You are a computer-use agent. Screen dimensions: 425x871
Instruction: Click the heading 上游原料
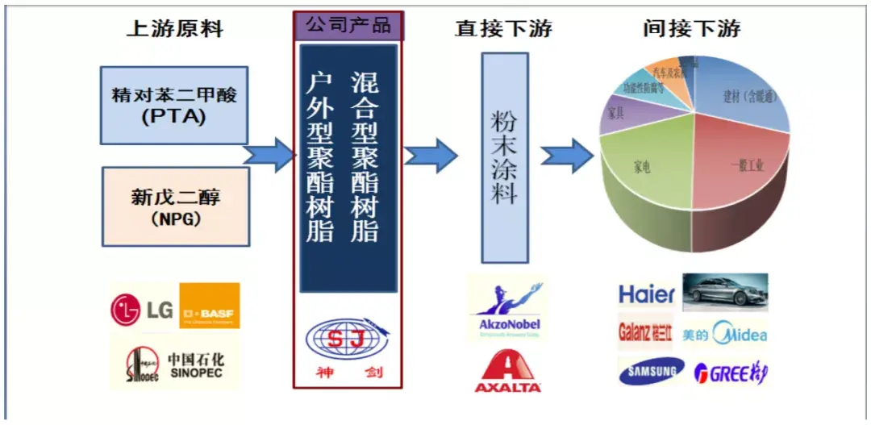tap(174, 30)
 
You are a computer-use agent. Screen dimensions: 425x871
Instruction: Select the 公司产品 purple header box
tap(348, 25)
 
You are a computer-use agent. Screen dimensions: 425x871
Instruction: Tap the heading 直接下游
tap(503, 30)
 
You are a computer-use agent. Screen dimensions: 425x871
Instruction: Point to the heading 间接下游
tap(692, 30)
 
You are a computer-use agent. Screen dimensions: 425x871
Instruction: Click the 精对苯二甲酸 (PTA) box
tap(174, 105)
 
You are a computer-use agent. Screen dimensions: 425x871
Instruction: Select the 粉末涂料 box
tap(505, 158)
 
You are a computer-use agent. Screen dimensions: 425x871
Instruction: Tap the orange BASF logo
tap(209, 306)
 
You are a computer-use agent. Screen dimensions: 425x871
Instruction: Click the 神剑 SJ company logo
tap(347, 347)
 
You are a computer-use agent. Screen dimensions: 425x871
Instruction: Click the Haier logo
tap(646, 294)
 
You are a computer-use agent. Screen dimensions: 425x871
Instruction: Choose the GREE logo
tap(731, 373)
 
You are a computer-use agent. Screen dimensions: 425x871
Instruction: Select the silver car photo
tap(725, 292)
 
